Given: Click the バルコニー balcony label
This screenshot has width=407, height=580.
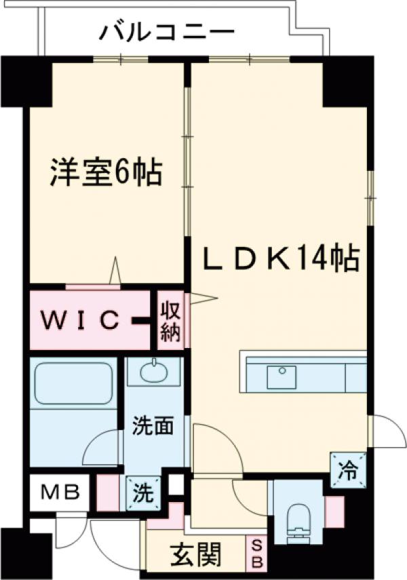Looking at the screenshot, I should click(x=167, y=31).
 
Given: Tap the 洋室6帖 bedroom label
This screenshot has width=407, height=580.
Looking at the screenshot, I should click(x=105, y=174).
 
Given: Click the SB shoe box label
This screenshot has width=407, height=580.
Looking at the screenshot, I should click(x=257, y=555).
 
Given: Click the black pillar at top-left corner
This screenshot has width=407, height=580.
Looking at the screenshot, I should click(x=26, y=81).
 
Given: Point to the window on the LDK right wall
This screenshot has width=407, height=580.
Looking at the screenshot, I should click(x=370, y=197).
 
